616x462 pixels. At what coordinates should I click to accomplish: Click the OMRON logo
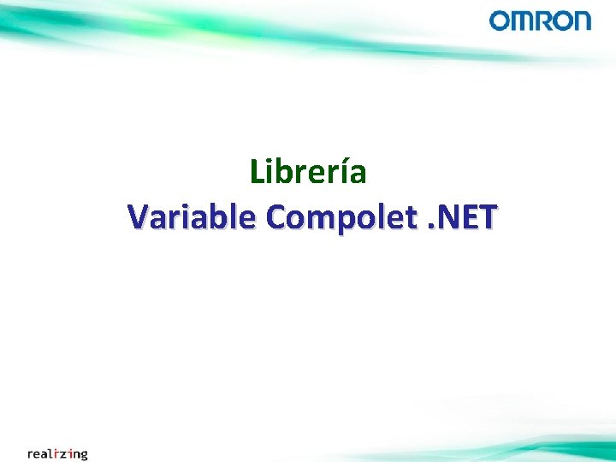pyautogui.click(x=540, y=21)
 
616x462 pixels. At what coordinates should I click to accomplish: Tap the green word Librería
pyautogui.click(x=308, y=172)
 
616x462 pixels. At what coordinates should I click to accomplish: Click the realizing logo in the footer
pyautogui.click(x=57, y=453)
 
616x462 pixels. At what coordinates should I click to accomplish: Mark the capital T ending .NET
pyautogui.click(x=485, y=218)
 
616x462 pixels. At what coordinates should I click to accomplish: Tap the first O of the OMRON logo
pyautogui.click(x=500, y=21)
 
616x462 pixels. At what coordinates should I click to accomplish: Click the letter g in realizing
pyautogui.click(x=83, y=455)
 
